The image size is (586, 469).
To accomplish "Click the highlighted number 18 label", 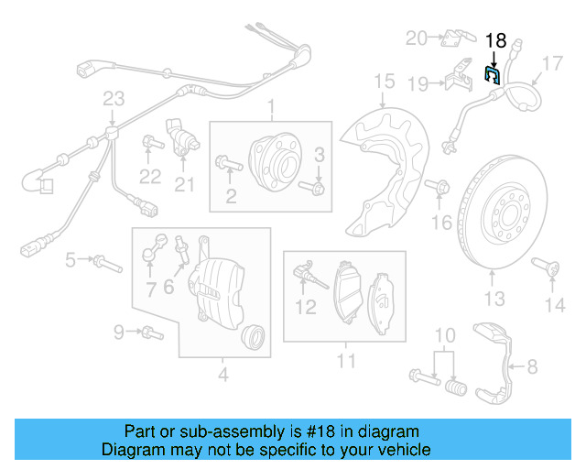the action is click(495, 40).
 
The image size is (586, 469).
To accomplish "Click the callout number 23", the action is click(113, 99).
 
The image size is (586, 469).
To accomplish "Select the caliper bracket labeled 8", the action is click(500, 361).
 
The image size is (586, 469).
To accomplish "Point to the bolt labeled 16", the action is click(440, 187).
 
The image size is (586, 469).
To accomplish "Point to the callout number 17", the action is click(552, 64).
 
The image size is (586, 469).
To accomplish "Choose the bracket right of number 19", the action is click(459, 78).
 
